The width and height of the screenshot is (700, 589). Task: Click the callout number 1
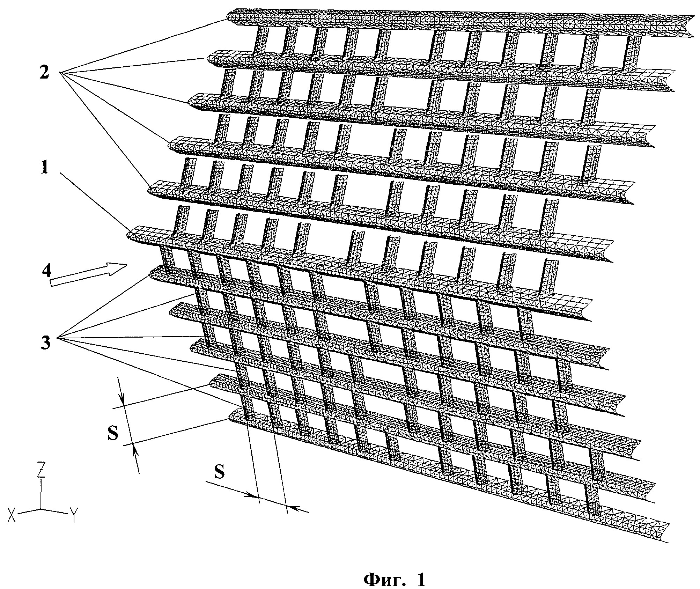click(x=44, y=169)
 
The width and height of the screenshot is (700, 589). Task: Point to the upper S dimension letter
click(x=113, y=434)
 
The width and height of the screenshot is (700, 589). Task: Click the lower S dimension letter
click(x=219, y=473)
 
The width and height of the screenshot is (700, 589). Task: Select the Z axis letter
click(x=41, y=471)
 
